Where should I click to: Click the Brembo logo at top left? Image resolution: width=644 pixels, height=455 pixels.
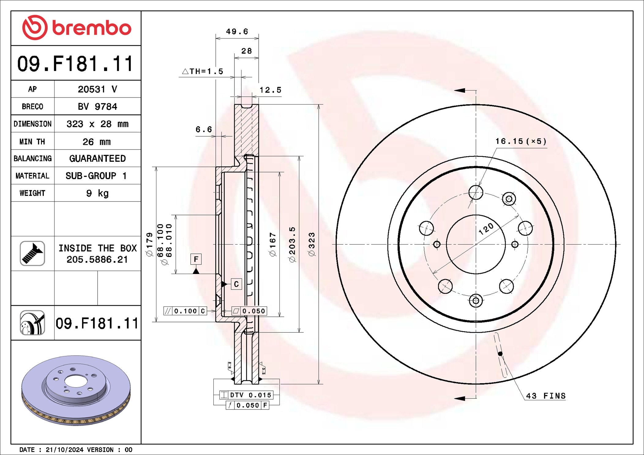(77, 28)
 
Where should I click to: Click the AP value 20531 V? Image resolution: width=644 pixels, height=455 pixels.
(97, 89)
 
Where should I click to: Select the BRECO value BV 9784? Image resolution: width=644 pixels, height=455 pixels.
(97, 106)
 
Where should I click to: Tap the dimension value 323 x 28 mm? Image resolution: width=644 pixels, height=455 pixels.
(97, 124)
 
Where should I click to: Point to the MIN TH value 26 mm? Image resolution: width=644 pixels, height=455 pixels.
(96, 142)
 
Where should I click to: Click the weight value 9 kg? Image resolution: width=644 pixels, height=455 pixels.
(97, 193)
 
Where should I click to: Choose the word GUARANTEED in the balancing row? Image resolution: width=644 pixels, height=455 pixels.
(97, 158)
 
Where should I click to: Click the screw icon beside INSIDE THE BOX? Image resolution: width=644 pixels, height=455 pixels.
(32, 253)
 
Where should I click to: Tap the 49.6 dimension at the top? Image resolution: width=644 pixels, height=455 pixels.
(237, 31)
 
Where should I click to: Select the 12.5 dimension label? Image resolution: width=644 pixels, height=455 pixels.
(270, 90)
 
